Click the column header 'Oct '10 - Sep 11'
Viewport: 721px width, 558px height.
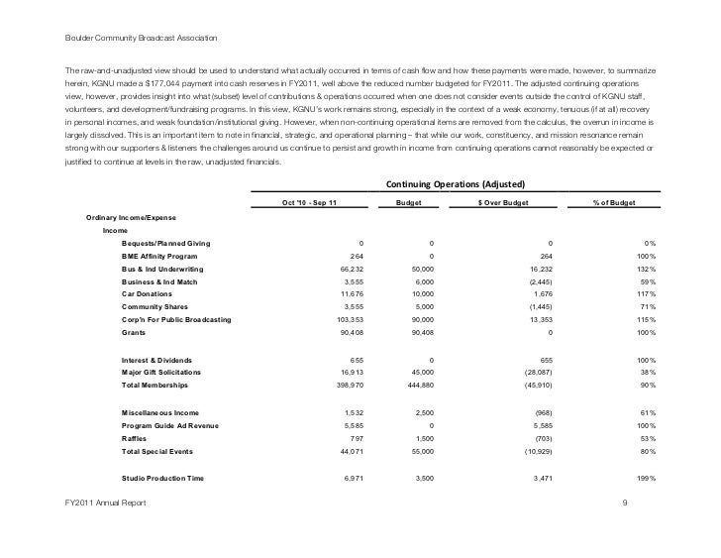(309, 202)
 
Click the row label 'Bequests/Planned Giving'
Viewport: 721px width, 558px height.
(164, 243)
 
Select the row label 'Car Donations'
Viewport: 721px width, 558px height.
(146, 294)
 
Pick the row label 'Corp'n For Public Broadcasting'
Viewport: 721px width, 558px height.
(176, 320)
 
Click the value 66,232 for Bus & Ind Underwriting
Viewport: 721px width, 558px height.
(352, 269)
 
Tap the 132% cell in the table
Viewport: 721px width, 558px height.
(644, 269)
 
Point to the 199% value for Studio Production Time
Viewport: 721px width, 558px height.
(644, 478)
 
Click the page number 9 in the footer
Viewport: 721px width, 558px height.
(624, 504)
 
